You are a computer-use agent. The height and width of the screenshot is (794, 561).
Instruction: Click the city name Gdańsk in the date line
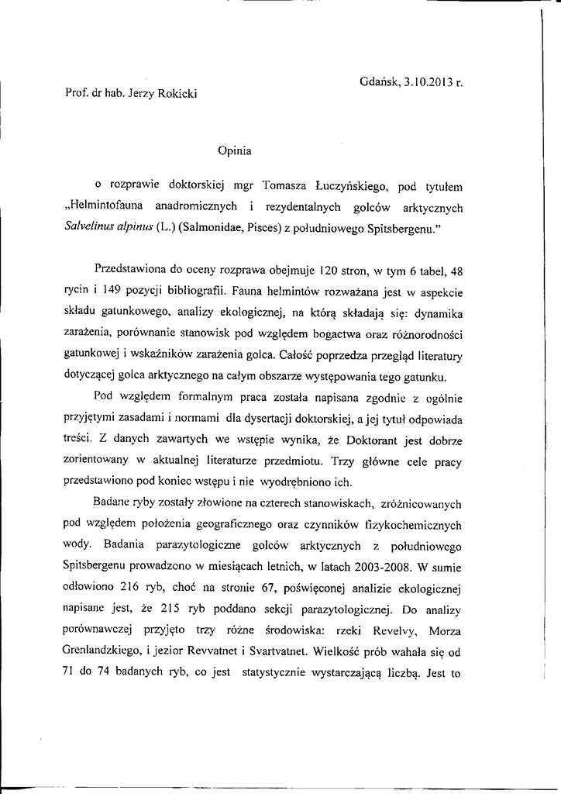click(x=378, y=80)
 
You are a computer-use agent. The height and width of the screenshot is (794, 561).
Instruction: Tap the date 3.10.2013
click(x=425, y=80)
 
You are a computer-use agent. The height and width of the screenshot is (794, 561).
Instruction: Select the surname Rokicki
click(x=174, y=94)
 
